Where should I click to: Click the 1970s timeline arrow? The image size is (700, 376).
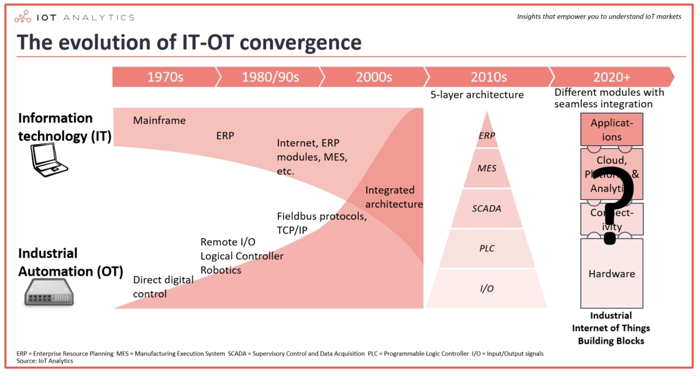click(165, 77)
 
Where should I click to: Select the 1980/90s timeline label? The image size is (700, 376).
click(270, 77)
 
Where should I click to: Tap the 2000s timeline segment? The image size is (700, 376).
click(374, 77)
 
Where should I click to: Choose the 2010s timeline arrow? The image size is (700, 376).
click(489, 77)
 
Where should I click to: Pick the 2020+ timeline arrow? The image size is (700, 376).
click(611, 77)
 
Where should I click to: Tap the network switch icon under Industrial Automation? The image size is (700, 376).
click(50, 294)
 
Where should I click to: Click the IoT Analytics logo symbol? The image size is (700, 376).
click(23, 16)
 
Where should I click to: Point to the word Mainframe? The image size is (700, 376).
click(159, 121)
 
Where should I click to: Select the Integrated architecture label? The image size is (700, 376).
click(393, 197)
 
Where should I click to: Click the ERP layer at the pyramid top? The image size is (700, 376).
click(486, 136)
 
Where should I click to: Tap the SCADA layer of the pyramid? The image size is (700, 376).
click(486, 208)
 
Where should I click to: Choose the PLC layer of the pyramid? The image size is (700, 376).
click(486, 248)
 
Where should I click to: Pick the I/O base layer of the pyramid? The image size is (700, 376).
click(486, 288)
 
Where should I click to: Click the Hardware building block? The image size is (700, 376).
click(611, 273)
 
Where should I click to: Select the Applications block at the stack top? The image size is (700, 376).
click(611, 129)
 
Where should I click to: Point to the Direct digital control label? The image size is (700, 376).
click(163, 286)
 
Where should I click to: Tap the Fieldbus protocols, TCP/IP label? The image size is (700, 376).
click(321, 223)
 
